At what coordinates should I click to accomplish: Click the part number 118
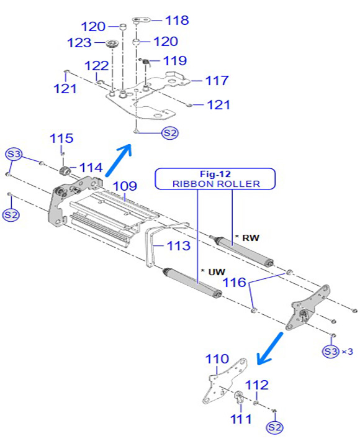(177, 20)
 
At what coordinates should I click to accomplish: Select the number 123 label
(79, 43)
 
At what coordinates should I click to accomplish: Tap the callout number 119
(175, 61)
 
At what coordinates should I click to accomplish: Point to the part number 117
(217, 81)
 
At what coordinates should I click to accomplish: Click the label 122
(97, 66)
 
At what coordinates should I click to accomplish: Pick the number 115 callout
(61, 139)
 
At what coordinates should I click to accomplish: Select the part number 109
(125, 186)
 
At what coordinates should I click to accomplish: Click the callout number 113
(178, 246)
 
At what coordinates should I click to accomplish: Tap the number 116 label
(234, 283)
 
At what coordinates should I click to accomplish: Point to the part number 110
(217, 359)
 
